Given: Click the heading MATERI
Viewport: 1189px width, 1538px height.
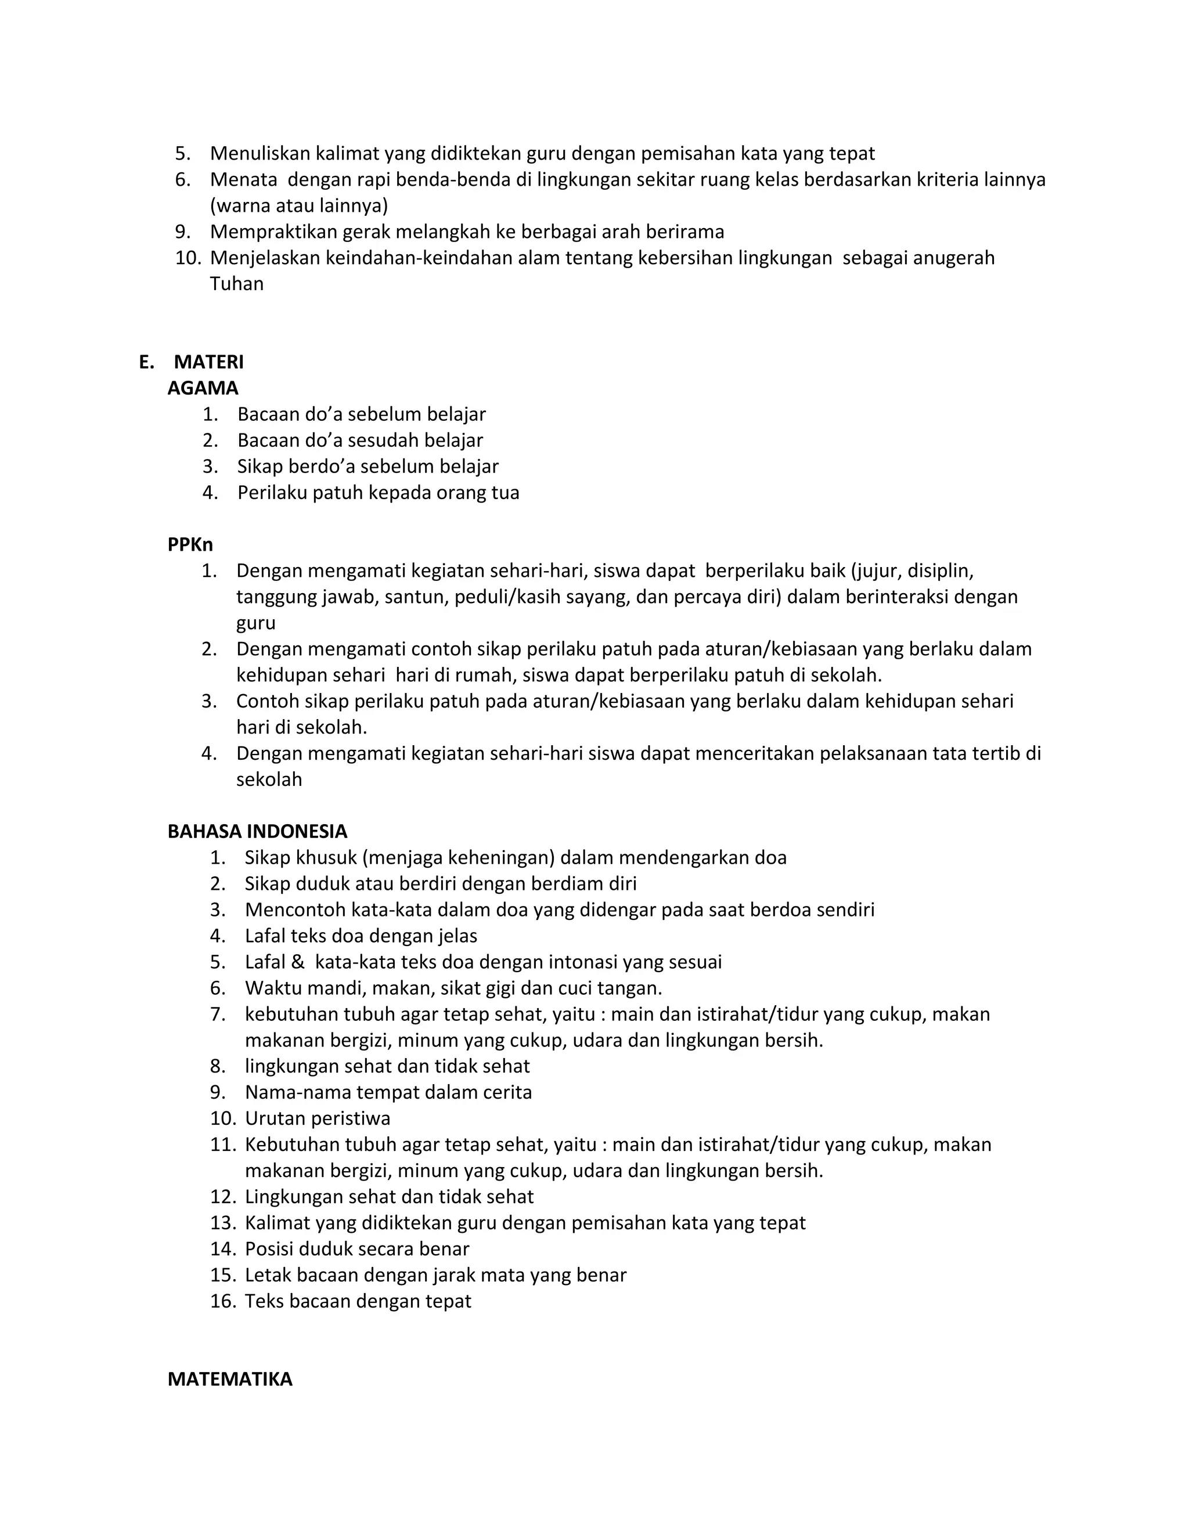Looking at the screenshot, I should coord(208,362).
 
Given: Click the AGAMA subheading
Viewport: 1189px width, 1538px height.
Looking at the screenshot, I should coord(203,388).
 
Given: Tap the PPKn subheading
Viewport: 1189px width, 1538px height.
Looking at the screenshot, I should coord(190,544).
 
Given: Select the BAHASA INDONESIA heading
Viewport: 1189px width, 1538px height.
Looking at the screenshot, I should coord(257,831).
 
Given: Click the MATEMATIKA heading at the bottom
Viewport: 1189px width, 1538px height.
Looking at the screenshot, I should coord(230,1379).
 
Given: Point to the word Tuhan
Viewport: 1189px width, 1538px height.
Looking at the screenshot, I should coord(237,284).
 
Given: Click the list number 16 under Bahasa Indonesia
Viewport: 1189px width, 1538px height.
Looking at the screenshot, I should coord(222,1301).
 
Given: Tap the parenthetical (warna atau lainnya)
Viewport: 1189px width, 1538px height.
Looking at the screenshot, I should coord(298,205).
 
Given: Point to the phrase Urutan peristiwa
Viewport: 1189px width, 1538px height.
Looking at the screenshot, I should coord(317,1118).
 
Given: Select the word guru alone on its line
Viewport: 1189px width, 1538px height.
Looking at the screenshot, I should coord(255,623).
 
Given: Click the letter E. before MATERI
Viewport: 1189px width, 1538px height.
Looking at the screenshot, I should coord(146,362).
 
